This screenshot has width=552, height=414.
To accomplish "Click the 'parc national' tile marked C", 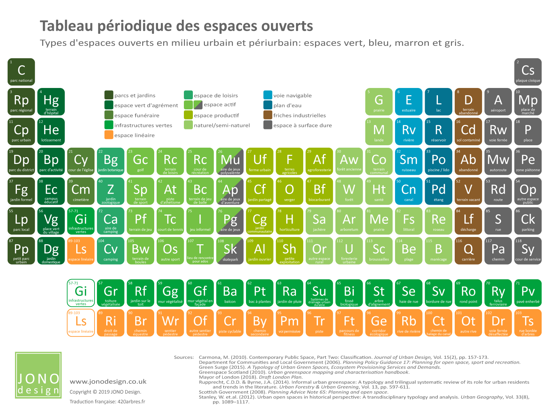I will (21, 72).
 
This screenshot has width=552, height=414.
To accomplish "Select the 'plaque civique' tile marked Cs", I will (528, 72).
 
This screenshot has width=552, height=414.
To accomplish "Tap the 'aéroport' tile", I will (498, 102).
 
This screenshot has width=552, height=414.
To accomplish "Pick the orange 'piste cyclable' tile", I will (230, 323).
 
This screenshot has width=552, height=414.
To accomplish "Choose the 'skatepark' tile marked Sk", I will (230, 251).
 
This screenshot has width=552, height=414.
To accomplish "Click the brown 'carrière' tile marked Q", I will (468, 251).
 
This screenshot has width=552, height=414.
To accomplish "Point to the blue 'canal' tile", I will (408, 191).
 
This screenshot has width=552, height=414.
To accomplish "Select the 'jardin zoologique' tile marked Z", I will (110, 191).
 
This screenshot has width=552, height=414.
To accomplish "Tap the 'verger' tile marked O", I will (289, 191).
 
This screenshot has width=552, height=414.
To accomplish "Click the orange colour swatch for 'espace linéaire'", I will (109, 135).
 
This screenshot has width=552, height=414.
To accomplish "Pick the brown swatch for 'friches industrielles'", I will (268, 115).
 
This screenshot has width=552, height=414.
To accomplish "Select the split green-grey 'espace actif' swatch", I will (198, 105).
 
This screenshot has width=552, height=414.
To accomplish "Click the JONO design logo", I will (38, 375).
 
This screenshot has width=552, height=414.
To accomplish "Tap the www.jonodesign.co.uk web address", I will (108, 382).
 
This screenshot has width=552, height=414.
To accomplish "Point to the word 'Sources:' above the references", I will (184, 357).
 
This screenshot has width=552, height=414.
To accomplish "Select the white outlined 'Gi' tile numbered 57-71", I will (81, 293).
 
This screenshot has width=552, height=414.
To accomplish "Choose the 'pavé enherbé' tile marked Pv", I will (528, 293).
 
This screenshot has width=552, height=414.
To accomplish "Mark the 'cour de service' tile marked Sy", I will (528, 251).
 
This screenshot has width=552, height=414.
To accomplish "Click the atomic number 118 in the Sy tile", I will (519, 241).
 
